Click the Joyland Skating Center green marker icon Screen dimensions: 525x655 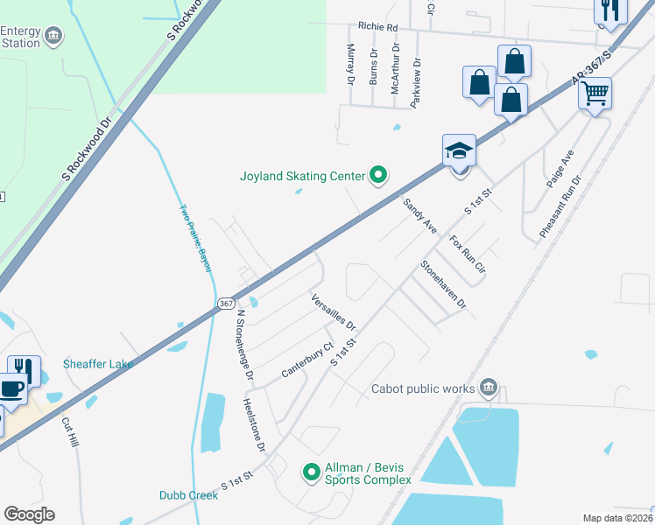pos(378,176)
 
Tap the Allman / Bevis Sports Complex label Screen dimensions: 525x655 pos(368,473)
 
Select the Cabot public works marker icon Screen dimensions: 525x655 pos(489,388)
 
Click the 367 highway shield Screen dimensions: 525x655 pos(226,301)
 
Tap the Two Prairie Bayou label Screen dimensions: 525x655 pos(196,238)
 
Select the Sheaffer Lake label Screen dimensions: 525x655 pos(98,364)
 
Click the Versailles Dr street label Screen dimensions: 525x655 pos(334,311)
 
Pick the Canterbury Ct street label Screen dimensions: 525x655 pos(307,360)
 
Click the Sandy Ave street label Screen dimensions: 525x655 pos(420,214)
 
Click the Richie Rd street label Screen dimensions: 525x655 pos(377,27)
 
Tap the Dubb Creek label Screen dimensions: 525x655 pos(188,495)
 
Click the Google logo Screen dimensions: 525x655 pos(29,514)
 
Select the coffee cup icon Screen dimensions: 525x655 pos(11,389)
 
